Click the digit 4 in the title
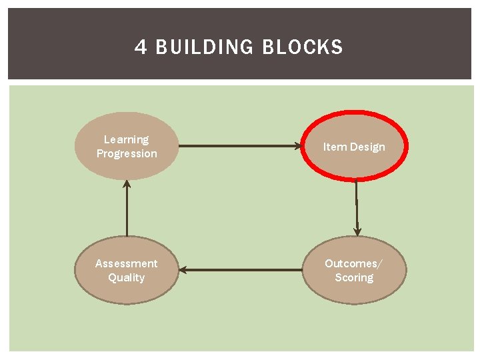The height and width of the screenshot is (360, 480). (141, 47)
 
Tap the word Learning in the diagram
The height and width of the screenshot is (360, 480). (126, 139)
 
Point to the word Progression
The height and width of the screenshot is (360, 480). (127, 153)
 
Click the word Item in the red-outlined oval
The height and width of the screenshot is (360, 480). (333, 147)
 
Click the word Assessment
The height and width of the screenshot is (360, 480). (127, 263)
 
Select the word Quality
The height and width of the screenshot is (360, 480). (127, 277)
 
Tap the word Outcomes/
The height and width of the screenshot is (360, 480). (354, 263)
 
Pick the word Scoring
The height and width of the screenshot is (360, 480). (354, 277)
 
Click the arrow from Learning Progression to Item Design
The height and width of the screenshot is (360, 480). (240, 145)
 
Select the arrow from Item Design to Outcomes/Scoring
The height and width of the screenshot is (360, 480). (357, 207)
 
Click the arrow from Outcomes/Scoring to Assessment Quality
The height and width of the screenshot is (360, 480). (240, 270)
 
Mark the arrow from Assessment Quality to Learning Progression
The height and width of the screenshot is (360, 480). (127, 210)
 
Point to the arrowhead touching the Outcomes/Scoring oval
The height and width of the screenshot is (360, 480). (357, 231)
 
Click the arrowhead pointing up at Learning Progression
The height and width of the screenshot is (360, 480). (127, 184)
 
